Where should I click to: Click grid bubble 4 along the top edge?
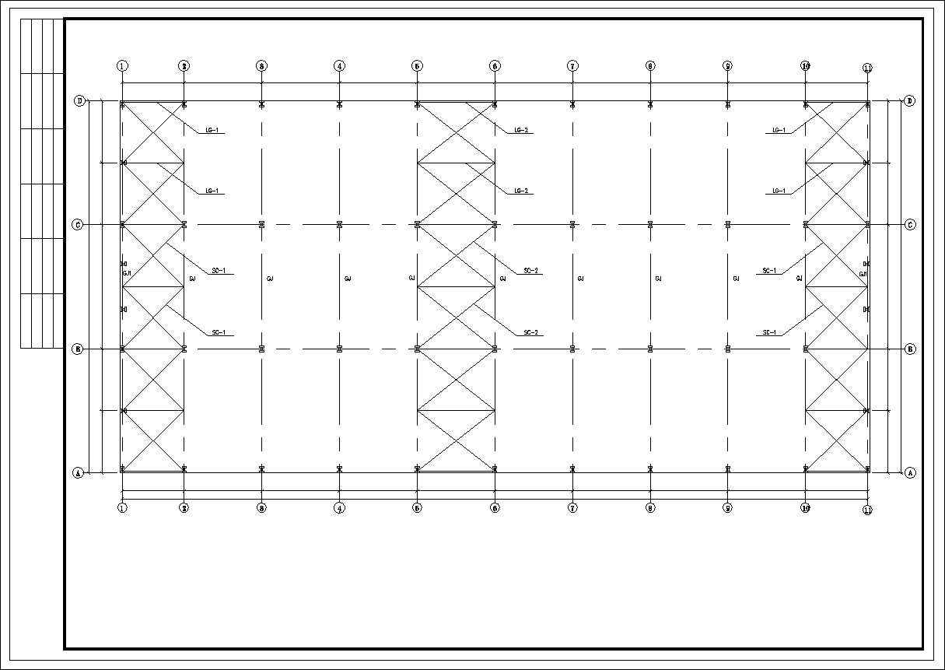tap(339, 66)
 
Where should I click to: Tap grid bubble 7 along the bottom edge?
tap(572, 508)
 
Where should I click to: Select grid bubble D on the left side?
tap(79, 100)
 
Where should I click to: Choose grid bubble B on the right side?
tap(910, 349)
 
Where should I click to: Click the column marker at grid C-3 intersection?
tap(261, 225)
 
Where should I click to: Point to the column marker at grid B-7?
tap(572, 349)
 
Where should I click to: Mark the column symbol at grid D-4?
tap(339, 104)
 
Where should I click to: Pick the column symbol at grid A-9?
tap(727, 468)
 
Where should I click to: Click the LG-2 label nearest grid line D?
tap(522, 130)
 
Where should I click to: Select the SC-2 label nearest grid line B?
tap(532, 333)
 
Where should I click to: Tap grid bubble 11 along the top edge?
tap(867, 68)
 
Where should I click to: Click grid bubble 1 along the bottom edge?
tap(122, 508)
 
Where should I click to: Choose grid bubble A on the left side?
tap(78, 472)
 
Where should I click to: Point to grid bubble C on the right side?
tap(910, 225)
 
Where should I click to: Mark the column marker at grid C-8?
tap(650, 225)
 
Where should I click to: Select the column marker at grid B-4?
tap(339, 349)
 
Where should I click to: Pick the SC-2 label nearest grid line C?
tap(532, 271)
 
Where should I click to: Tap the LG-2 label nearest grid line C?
tap(522, 191)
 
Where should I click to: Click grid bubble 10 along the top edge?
tap(806, 66)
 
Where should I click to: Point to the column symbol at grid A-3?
tap(261, 468)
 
